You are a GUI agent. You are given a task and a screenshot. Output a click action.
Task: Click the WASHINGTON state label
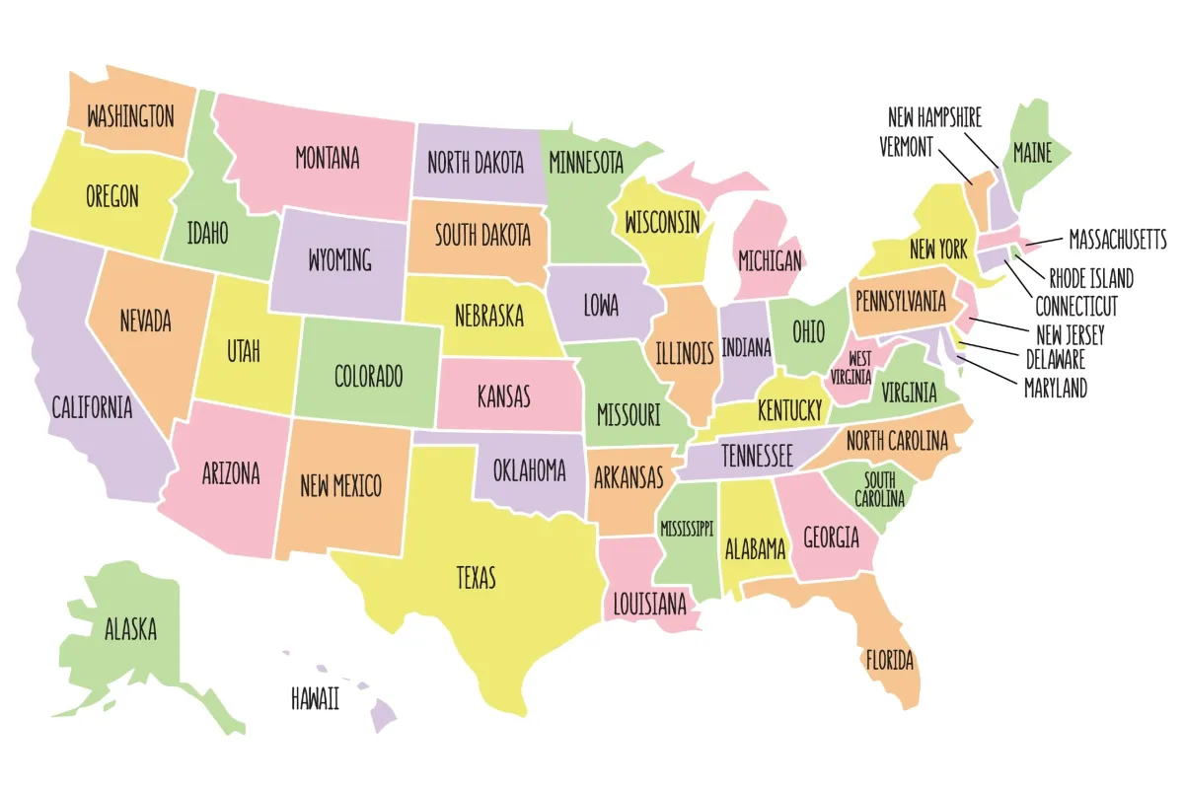click(x=130, y=116)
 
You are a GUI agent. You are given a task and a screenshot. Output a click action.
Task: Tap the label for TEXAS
click(x=476, y=577)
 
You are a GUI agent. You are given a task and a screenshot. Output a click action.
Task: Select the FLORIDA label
click(x=889, y=659)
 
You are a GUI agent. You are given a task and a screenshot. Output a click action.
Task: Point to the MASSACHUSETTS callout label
click(x=1117, y=240)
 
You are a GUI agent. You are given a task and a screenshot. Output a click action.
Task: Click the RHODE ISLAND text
click(x=1090, y=278)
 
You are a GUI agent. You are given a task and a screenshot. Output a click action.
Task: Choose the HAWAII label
click(x=315, y=699)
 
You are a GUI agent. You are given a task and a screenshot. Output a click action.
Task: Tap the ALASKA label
click(x=130, y=628)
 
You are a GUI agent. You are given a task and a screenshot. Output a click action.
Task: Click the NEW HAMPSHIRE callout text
click(x=934, y=117)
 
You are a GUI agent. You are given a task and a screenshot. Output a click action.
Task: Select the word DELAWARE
click(x=1055, y=359)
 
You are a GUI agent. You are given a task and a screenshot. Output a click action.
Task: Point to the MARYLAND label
click(x=1055, y=389)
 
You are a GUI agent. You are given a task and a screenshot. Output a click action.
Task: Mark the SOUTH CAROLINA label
click(x=879, y=489)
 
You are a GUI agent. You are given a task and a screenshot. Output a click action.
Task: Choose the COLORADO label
click(x=368, y=376)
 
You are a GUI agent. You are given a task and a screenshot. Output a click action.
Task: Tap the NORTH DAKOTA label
click(x=476, y=163)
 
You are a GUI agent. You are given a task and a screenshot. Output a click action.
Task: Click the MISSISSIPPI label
click(x=687, y=529)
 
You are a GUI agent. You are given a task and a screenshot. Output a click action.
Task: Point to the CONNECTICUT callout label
click(x=1075, y=306)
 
